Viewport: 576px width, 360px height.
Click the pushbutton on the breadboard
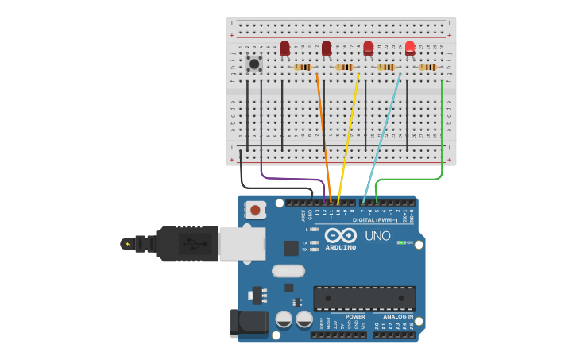click(x=254, y=64)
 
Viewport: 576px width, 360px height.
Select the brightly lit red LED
click(x=410, y=48)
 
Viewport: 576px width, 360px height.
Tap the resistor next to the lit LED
click(x=428, y=68)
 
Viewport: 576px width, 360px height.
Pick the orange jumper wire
click(x=323, y=127)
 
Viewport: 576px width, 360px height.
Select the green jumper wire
click(x=442, y=127)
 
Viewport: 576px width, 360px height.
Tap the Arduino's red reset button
click(x=255, y=210)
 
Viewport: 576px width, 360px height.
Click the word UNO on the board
click(x=377, y=236)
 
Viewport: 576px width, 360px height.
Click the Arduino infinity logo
click(x=341, y=236)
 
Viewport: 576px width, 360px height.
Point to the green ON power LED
click(x=402, y=242)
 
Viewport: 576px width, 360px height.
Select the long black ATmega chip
click(x=364, y=298)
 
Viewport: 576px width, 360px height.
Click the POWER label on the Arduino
click(x=355, y=316)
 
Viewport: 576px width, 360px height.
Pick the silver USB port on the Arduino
click(x=242, y=243)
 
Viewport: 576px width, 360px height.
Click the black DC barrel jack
click(x=248, y=322)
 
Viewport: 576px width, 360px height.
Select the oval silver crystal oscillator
click(x=288, y=271)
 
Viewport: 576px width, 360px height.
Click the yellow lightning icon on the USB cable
click(x=127, y=243)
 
